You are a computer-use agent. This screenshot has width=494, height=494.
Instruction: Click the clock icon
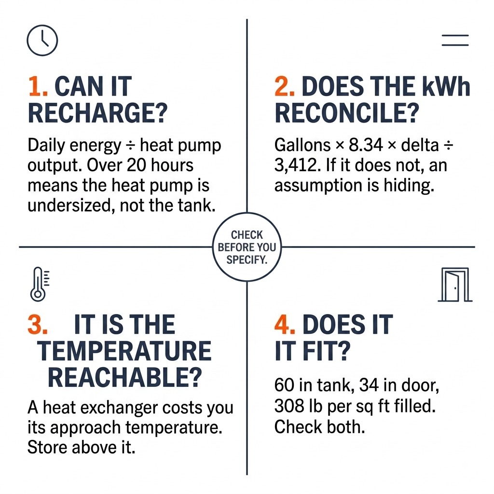[42, 41]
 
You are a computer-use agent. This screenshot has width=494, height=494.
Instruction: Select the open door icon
[455, 285]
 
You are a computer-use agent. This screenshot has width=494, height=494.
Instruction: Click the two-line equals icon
[455, 41]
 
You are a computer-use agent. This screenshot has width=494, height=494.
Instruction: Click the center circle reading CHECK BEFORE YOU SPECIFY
[247, 247]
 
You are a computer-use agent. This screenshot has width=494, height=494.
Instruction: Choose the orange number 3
[38, 324]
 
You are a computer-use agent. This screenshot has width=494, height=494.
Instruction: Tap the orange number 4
[285, 324]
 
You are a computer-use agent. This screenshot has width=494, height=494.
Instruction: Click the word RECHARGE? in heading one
[97, 113]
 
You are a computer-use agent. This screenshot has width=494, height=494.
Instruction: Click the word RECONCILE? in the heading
[347, 113]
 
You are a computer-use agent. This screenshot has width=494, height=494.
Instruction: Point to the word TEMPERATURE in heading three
[124, 351]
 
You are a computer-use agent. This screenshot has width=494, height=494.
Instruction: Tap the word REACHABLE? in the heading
[125, 378]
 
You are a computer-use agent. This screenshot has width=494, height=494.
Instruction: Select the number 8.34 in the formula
[366, 145]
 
